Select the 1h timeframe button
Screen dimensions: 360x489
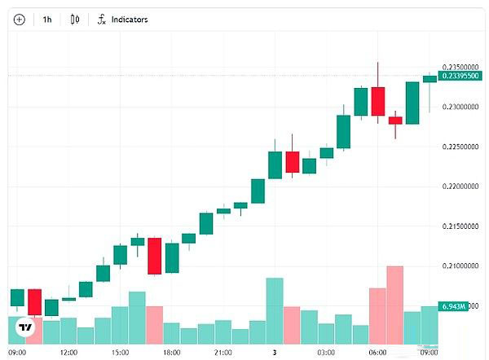coord(47,19)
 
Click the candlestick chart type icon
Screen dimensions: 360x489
coord(75,19)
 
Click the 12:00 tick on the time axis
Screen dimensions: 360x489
coord(68,353)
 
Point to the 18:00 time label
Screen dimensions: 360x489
coord(171,353)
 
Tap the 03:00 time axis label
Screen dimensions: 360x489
coord(326,353)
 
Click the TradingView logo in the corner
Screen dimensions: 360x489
coord(26,327)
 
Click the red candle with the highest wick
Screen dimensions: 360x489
coord(378,101)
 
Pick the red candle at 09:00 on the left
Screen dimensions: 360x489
coord(34,301)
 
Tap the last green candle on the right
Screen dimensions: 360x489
coord(430,79)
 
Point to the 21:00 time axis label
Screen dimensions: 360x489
coord(222,353)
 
